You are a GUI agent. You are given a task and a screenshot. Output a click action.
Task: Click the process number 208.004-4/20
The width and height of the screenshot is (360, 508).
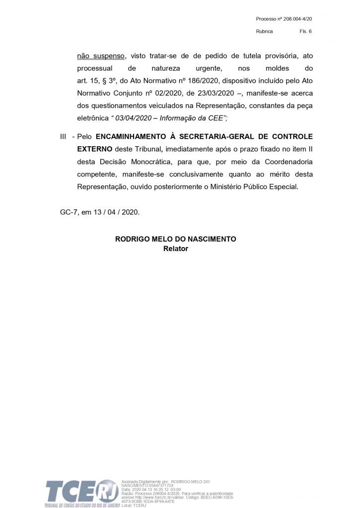[297, 19]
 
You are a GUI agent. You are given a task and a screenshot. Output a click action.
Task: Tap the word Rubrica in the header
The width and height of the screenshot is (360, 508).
[264, 31]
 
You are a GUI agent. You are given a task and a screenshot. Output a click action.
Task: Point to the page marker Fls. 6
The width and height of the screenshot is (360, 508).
[305, 31]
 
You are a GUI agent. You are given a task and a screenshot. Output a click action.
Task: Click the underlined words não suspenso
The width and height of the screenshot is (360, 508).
[102, 56]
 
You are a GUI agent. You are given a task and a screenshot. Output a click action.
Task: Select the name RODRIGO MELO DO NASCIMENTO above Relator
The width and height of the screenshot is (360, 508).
[176, 239]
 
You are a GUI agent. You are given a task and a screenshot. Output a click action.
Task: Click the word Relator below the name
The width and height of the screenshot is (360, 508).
[176, 249]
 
